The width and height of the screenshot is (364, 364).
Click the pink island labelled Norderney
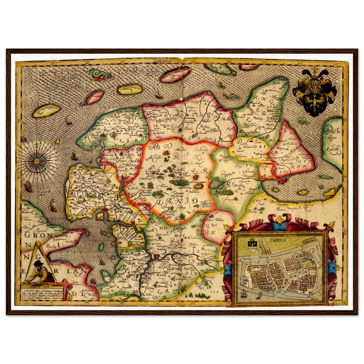[x=95, y=97]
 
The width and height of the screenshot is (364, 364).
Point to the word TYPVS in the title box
[x=26, y=289]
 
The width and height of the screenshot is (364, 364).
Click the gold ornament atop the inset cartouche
[x=279, y=220]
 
